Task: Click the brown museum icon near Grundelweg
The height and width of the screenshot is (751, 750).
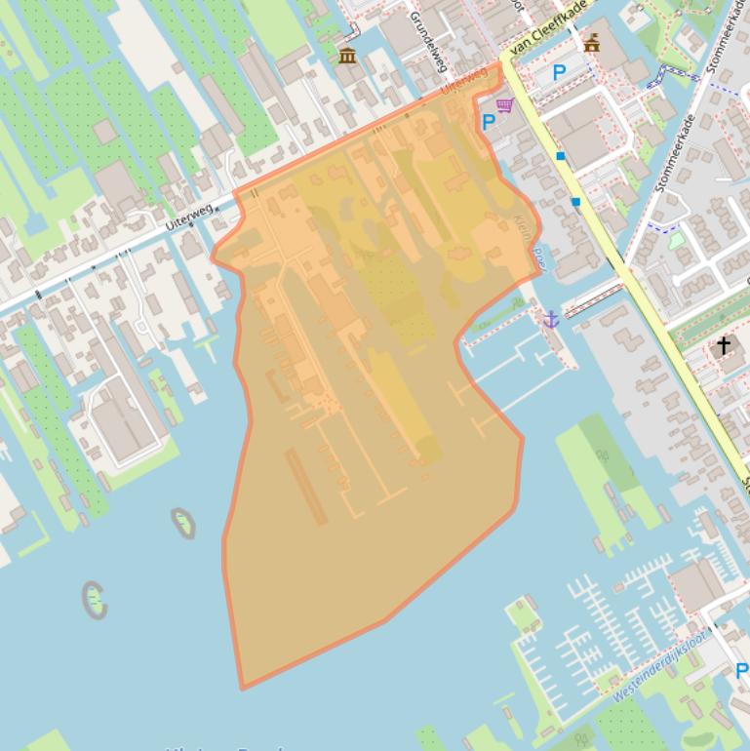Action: coord(347,56)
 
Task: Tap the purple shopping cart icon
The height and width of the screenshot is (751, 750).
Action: coord(504,105)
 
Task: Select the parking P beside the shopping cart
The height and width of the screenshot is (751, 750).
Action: coord(488,123)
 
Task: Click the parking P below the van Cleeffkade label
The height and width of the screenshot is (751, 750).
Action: coord(559,72)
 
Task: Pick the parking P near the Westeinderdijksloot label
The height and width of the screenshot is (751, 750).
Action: coord(741,671)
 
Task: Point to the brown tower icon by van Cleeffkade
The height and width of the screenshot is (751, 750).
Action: coord(591,43)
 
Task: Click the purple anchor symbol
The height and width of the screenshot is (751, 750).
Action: coord(550,319)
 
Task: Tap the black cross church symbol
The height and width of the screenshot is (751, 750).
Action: coord(723,345)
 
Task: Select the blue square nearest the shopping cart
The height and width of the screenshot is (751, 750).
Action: coord(561,156)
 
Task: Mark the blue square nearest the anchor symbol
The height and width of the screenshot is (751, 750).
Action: coord(575,202)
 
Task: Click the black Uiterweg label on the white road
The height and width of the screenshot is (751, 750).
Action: coord(188,217)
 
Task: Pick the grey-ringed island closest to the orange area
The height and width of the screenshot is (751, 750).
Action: coord(183,523)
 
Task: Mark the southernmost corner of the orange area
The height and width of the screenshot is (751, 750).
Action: coord(242,688)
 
